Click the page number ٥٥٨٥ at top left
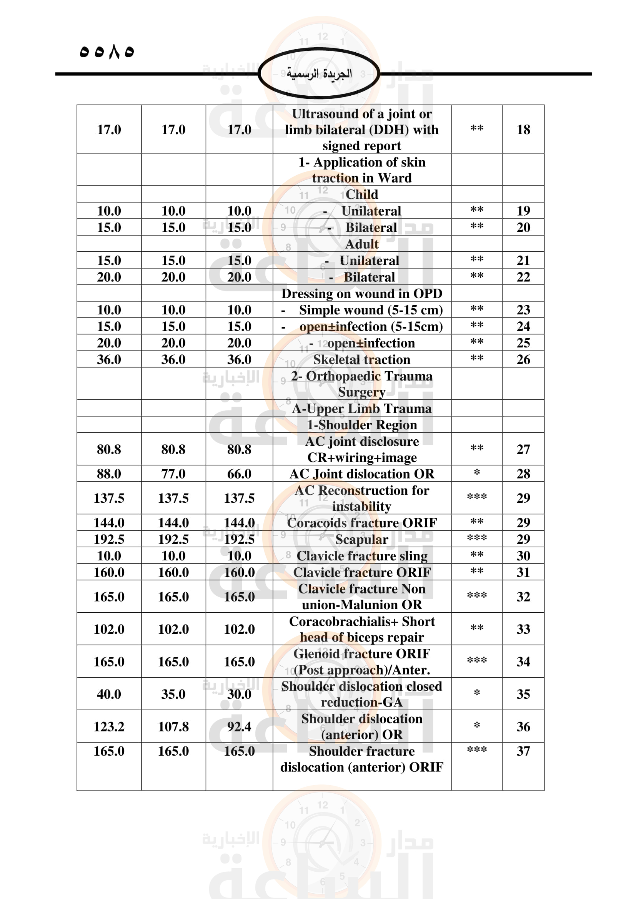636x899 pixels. click(x=107, y=51)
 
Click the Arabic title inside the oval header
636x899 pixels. click(x=319, y=73)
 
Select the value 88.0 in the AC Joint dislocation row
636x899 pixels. click(x=109, y=474)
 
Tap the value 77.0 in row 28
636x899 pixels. click(x=173, y=474)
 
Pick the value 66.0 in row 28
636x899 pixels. click(x=239, y=474)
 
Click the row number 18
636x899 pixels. click(x=523, y=130)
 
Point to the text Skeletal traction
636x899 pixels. click(x=361, y=359)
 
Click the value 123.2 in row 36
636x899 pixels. click(x=109, y=727)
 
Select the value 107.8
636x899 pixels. click(x=173, y=727)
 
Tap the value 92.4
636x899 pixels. click(x=239, y=727)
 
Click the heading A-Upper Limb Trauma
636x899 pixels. click(x=361, y=409)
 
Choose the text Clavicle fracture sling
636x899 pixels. click(x=361, y=556)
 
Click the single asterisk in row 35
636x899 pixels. click(x=476, y=693)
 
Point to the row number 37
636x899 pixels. click(x=523, y=751)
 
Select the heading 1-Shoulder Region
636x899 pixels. click(x=361, y=425)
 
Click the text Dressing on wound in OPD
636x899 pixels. click(x=361, y=293)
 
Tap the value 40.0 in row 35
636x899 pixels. click(x=109, y=694)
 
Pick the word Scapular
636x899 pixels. click(x=361, y=540)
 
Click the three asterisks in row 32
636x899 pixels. click(x=476, y=595)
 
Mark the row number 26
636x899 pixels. click(x=523, y=359)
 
